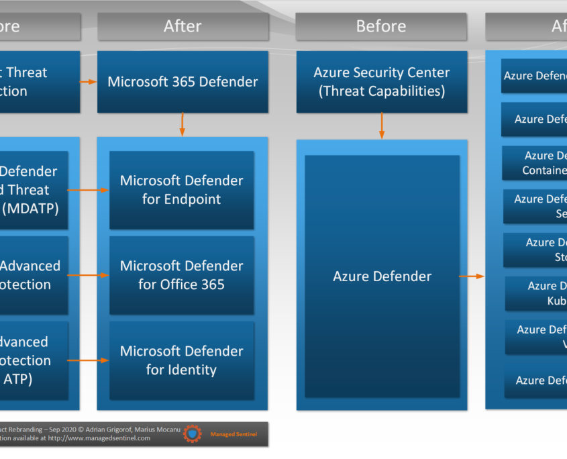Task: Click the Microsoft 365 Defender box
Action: point(183,82)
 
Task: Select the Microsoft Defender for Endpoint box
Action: point(181,190)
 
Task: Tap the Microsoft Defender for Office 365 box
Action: point(181,275)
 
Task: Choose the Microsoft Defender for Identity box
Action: point(181,360)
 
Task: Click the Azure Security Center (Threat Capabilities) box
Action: point(381,82)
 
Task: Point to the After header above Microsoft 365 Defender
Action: point(183,26)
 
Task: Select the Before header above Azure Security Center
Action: point(381,26)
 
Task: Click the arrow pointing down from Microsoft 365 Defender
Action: point(182,125)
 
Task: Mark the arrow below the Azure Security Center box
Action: point(382,125)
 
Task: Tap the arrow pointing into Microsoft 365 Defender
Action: point(89,82)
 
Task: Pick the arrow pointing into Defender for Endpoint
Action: point(88,190)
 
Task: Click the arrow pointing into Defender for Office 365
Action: point(88,275)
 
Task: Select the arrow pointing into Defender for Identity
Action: point(88,360)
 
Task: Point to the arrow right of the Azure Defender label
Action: point(472,276)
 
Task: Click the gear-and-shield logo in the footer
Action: point(193,434)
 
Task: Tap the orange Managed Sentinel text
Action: point(234,434)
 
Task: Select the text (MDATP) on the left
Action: point(30,208)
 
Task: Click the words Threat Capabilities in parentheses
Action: point(381,91)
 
